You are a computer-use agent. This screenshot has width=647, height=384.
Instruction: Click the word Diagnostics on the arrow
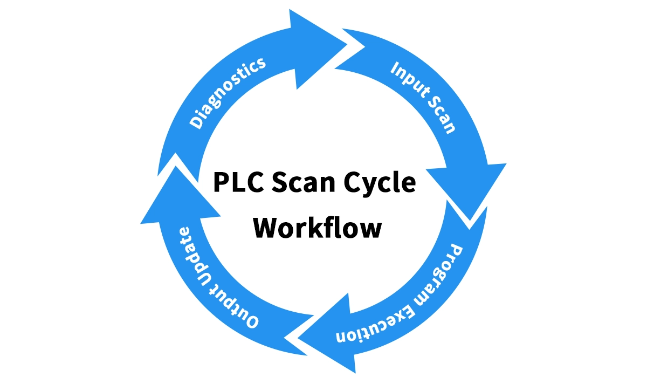pos(228,92)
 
